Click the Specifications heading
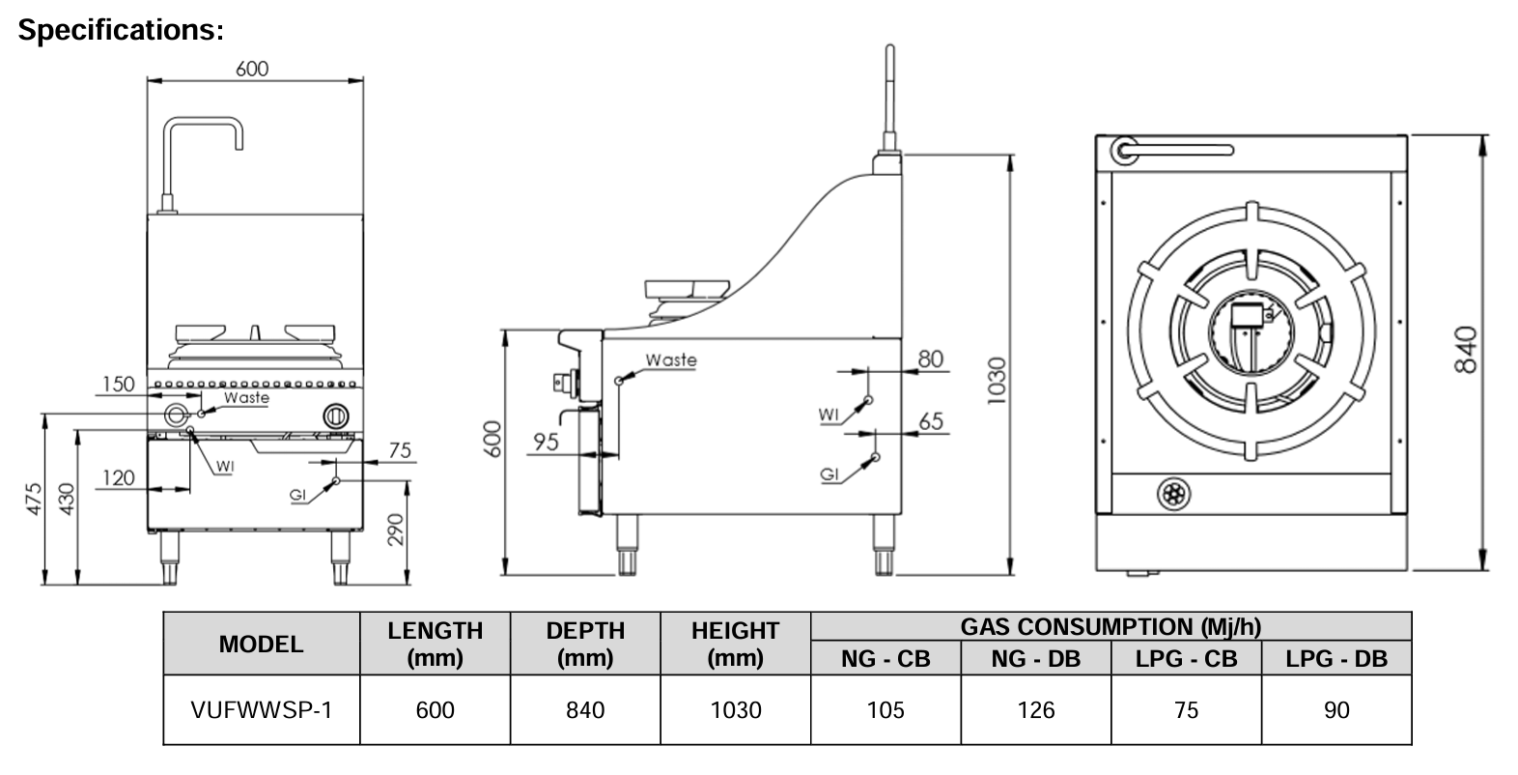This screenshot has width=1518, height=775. coord(121,30)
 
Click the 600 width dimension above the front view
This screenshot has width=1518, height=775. coord(252,69)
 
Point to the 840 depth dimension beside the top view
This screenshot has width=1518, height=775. coord(1466,350)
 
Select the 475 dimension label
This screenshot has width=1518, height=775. coord(33,499)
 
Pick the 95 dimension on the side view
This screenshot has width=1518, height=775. coord(546,442)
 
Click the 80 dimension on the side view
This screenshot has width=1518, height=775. coord(930,359)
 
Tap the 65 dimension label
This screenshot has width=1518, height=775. coord(931,421)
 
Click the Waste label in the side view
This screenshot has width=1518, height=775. coord(671,359)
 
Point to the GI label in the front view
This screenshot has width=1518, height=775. coord(299,495)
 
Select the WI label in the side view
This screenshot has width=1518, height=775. coord(829,415)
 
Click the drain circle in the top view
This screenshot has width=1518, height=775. coord(1173,495)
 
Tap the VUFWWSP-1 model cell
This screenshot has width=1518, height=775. coord(262,710)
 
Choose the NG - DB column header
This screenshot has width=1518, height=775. coord(1036,659)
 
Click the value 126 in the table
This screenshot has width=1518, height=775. coord(1036,710)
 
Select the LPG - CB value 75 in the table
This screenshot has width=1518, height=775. coord(1186,710)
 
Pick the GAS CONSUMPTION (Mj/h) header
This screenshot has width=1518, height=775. coord(1110,626)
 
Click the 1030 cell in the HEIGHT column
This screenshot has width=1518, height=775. coord(736,710)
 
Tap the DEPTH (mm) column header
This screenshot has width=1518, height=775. coord(585,644)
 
